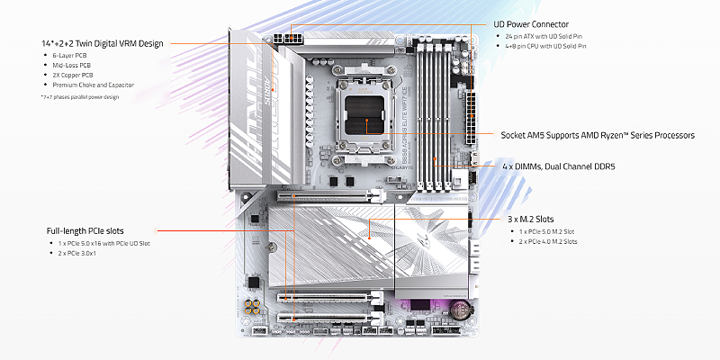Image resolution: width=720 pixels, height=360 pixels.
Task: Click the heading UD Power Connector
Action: (x=544, y=23)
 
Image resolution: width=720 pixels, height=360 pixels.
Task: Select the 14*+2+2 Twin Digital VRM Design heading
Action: (x=102, y=43)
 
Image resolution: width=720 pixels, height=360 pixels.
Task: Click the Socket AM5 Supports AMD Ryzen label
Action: (x=598, y=134)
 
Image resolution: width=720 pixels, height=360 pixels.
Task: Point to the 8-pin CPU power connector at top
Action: (x=292, y=40)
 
